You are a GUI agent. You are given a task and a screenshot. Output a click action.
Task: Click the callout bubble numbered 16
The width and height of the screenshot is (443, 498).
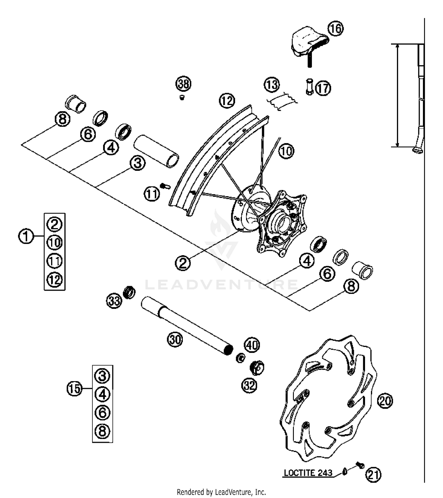[335, 29]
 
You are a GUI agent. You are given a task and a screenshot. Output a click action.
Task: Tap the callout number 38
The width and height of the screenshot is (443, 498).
[183, 84]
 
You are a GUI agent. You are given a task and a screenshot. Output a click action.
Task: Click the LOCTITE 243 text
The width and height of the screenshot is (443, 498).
[308, 473]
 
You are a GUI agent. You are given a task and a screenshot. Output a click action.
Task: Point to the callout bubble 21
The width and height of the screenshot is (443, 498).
[373, 475]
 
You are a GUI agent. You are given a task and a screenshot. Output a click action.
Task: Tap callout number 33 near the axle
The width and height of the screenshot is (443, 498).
[114, 301]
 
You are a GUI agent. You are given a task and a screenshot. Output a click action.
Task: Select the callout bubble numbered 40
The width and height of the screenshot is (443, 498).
[252, 345]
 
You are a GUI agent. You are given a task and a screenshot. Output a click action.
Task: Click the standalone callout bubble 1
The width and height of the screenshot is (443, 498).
[26, 236]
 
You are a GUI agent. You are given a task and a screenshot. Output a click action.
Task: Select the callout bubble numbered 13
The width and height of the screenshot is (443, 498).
[271, 85]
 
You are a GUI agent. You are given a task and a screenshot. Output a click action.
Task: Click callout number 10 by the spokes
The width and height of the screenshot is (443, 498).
[286, 151]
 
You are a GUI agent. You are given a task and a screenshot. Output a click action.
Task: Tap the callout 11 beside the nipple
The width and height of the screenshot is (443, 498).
[152, 194]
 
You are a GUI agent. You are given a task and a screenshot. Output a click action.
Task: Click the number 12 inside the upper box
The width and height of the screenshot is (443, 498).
[55, 279]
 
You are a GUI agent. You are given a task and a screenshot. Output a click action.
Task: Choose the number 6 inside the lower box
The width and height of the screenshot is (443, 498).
[102, 413]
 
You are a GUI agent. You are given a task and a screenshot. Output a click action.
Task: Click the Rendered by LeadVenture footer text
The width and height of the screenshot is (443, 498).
[221, 492]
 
